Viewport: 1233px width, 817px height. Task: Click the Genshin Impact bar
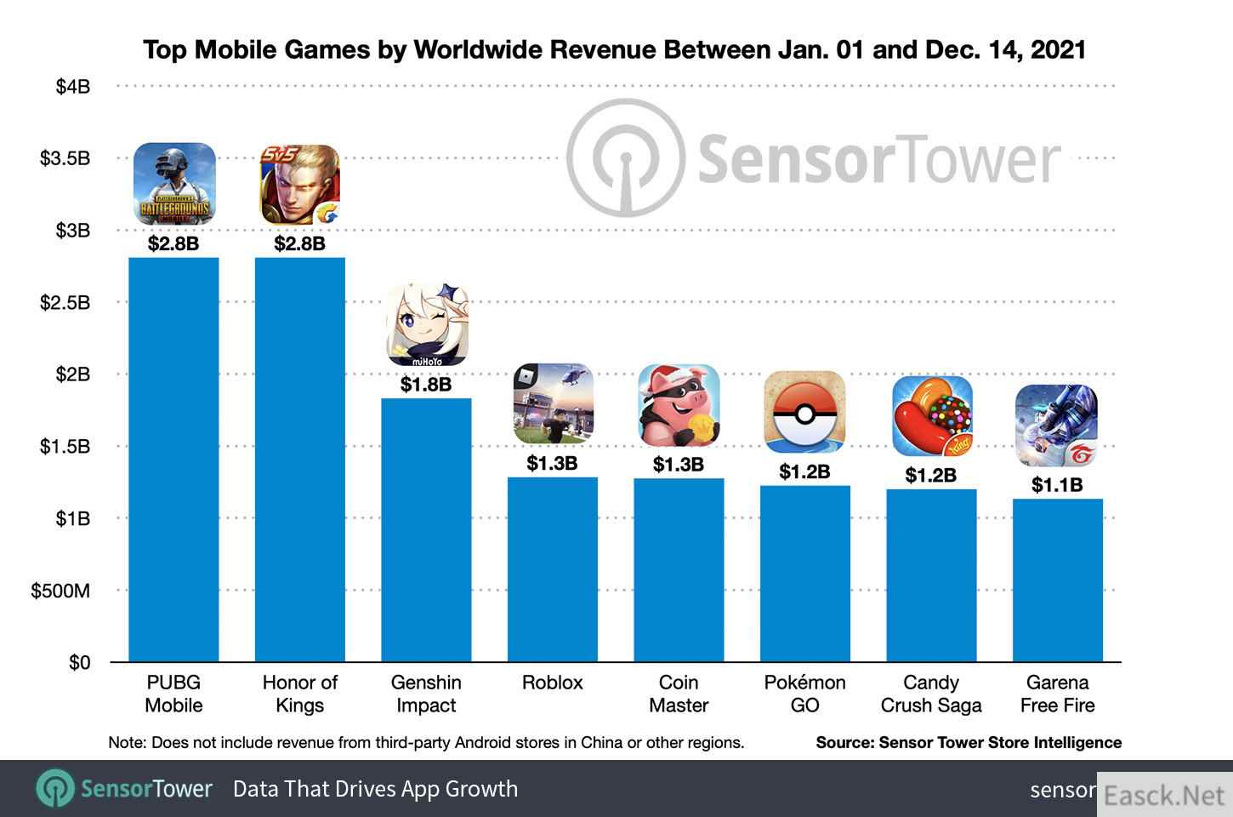426,529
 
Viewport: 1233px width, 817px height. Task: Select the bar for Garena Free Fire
1057,580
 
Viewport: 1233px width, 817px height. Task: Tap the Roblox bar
552,568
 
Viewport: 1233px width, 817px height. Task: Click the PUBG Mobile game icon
174,184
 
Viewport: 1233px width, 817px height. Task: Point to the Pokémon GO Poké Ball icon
804,413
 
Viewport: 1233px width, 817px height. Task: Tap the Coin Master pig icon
679,405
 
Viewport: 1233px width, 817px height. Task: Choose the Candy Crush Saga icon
931,416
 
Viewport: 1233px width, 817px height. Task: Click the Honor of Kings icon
300,184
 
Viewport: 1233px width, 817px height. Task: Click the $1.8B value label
426,385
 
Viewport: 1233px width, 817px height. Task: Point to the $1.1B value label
1057,485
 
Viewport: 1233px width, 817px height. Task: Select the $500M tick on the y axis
60,591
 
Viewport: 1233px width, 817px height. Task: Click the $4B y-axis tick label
73,87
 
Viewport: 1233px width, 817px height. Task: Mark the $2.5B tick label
65,303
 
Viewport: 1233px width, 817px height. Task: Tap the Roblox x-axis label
552,683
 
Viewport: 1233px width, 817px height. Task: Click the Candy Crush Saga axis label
931,694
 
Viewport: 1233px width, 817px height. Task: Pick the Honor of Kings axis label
300,694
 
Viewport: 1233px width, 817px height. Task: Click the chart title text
614,49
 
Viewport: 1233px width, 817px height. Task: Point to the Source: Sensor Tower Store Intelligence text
969,742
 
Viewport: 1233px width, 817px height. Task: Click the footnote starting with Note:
426,742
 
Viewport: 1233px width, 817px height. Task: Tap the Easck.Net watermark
1164,795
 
